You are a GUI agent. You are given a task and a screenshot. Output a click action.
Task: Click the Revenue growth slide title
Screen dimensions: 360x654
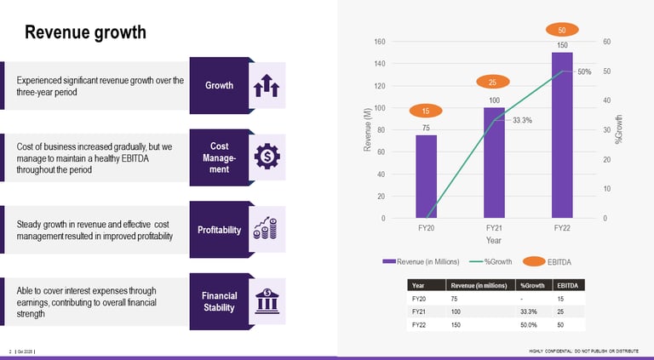[x=85, y=33]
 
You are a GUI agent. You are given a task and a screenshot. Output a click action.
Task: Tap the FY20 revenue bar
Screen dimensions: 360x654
[x=426, y=176]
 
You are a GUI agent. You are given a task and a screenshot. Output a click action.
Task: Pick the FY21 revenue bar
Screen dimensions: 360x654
[x=494, y=163]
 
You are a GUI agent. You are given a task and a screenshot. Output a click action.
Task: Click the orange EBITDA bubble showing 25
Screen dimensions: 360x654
[x=493, y=82]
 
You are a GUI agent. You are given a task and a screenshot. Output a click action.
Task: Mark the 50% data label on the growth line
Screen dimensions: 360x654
[x=584, y=71]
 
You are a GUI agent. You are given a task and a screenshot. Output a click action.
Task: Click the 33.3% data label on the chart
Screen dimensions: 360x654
[x=522, y=120]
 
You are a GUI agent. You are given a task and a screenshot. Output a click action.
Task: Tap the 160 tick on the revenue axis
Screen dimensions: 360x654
[x=380, y=42]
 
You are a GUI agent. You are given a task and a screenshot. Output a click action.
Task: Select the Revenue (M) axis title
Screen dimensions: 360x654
[x=368, y=129]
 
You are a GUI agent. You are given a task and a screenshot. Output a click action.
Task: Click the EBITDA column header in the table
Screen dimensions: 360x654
[x=566, y=285]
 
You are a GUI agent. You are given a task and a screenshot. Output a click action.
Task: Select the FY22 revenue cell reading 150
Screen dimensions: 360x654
[x=456, y=325]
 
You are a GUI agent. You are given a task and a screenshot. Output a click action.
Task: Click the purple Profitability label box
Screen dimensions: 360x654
[x=220, y=230]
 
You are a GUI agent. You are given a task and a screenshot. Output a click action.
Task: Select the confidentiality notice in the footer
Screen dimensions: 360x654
[x=583, y=351]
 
